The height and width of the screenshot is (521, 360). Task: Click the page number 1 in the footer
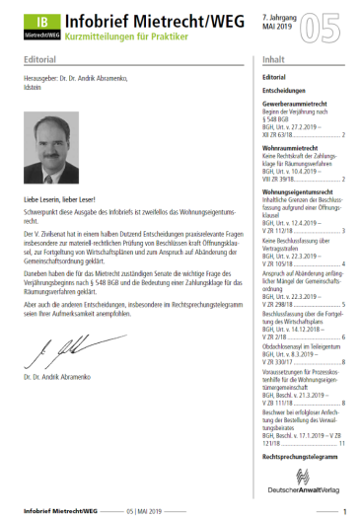[344, 510]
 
